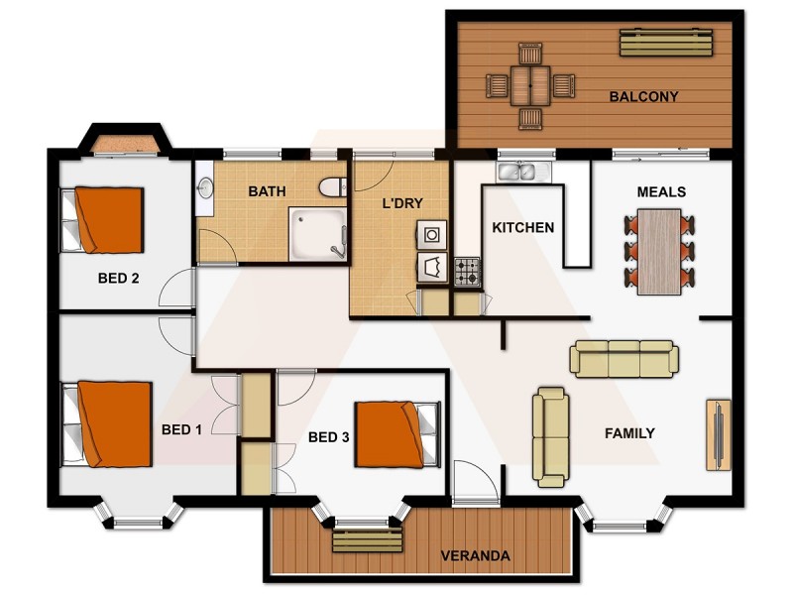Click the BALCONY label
643,97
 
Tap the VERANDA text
476,556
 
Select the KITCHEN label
522,227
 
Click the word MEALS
661,191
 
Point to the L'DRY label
402,204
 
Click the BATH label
268,190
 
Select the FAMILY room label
629,433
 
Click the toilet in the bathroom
332,186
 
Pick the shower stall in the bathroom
317,234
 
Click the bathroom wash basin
205,187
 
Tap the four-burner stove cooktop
467,271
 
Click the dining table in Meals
659,251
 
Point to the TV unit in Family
718,434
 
